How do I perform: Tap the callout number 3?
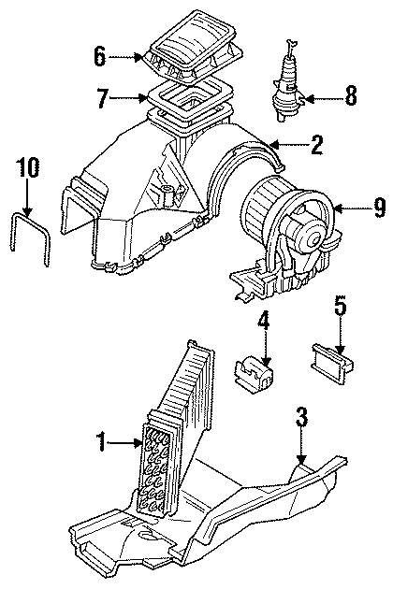pos(300,418)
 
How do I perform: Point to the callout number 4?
pos(264,323)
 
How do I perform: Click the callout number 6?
pos(100,56)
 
